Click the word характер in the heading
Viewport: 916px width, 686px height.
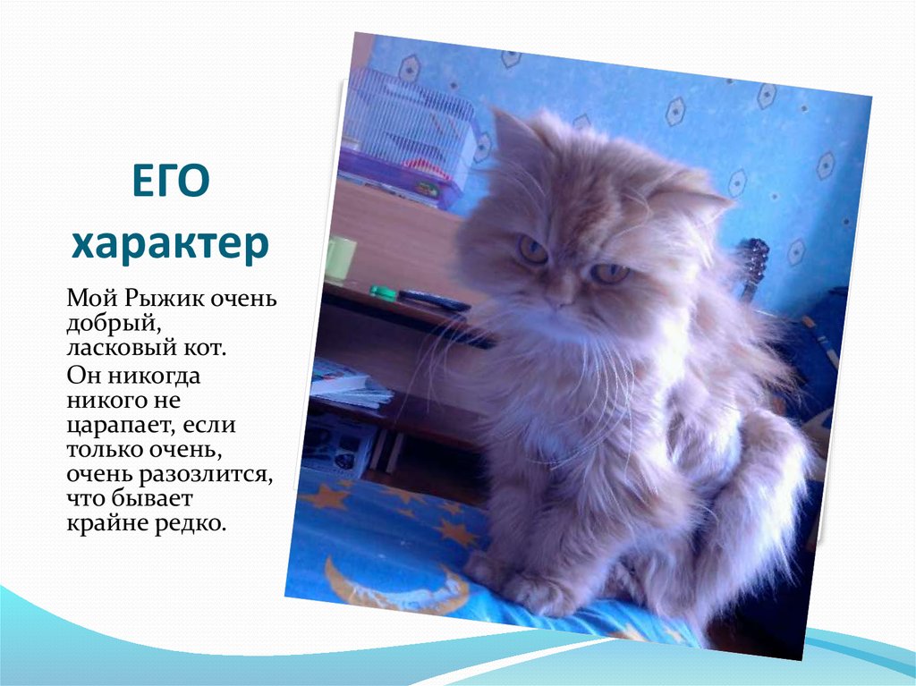[170, 244]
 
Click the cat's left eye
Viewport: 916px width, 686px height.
[533, 249]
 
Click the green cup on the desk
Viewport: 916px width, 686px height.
[340, 258]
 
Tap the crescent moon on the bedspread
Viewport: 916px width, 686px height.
[376, 590]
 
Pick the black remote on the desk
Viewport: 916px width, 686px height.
[434, 300]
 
